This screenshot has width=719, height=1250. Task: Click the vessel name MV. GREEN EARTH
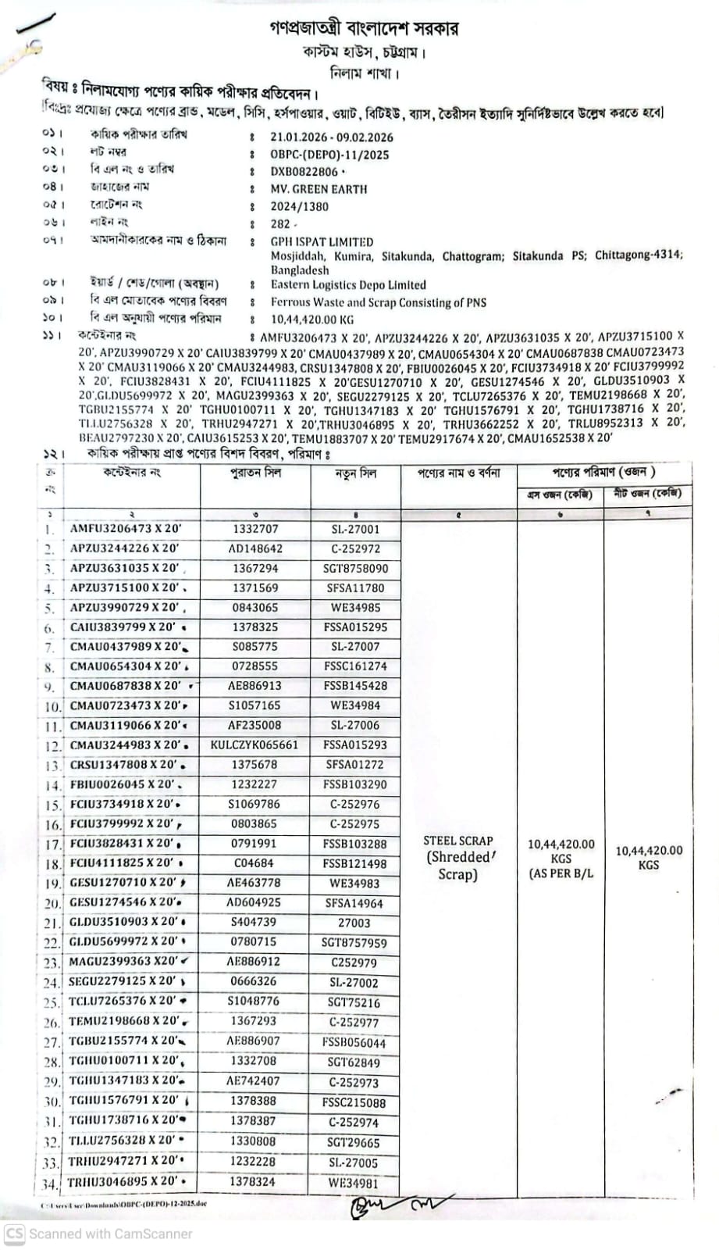tap(319, 189)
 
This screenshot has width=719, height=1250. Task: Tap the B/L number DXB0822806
tap(304, 172)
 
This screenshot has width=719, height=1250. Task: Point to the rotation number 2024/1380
tap(300, 207)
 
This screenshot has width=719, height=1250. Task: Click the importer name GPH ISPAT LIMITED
tap(322, 242)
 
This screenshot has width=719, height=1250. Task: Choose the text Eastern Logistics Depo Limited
tap(348, 285)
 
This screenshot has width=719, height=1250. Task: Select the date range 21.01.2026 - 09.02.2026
tap(332, 137)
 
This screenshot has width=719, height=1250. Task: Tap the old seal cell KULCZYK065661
tap(254, 745)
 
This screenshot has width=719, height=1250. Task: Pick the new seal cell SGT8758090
tap(355, 569)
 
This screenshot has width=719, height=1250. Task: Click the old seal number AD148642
tap(255, 548)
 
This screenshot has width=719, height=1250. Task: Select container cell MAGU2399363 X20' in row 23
tap(123, 962)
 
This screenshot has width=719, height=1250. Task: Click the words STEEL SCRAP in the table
tap(458, 841)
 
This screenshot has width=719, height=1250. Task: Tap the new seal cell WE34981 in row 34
tap(353, 1183)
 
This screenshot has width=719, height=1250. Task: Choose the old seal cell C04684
tap(254, 863)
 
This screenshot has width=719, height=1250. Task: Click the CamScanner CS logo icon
tap(14, 1234)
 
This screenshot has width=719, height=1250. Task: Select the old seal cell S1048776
tap(254, 1001)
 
